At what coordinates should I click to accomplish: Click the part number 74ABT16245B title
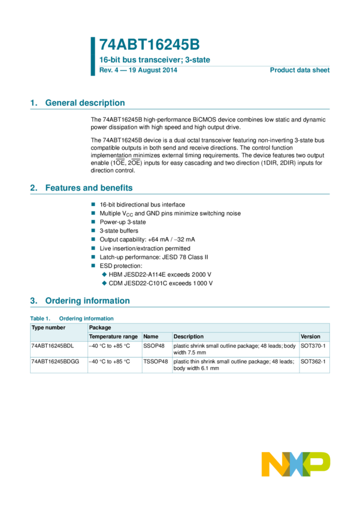pyautogui.click(x=149, y=44)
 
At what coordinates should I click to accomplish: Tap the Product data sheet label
pyautogui.click(x=300, y=70)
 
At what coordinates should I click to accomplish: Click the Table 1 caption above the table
pyautogui.click(x=72, y=319)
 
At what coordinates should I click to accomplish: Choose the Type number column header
pyautogui.click(x=49, y=328)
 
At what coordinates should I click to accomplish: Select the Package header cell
pyautogui.click(x=100, y=328)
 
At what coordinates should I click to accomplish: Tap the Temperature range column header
pyautogui.click(x=113, y=337)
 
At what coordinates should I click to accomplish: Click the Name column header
pyautogui.click(x=151, y=337)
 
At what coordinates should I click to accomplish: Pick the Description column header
pyautogui.click(x=189, y=337)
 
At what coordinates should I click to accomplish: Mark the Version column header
pyautogui.click(x=310, y=337)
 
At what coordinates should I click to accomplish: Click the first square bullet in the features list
pyautogui.click(x=93, y=204)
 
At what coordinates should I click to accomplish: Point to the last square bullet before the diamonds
pyautogui.click(x=93, y=265)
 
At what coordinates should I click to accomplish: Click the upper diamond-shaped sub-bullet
pyautogui.click(x=104, y=274)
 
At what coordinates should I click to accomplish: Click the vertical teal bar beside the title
pyautogui.click(x=93, y=56)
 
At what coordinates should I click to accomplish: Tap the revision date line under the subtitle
pyautogui.click(x=138, y=70)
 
